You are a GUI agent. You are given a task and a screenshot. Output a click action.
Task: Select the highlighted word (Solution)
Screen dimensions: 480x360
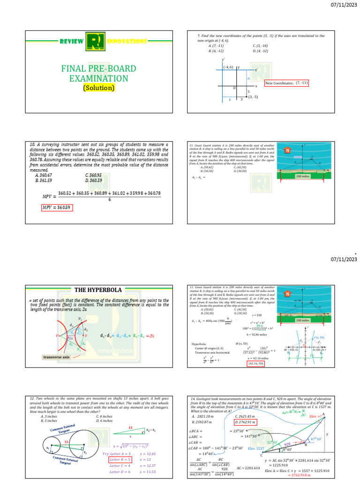[x=99, y=88]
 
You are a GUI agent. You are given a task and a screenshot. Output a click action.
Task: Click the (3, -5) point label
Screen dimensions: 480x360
[x=253, y=97]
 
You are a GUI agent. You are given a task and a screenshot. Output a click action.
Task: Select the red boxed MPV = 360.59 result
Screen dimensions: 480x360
[x=57, y=208]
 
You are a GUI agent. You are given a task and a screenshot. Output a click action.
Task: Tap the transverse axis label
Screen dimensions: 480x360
[x=53, y=357]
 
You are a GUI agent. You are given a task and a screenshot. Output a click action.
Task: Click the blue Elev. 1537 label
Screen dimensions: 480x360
[x=257, y=448]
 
